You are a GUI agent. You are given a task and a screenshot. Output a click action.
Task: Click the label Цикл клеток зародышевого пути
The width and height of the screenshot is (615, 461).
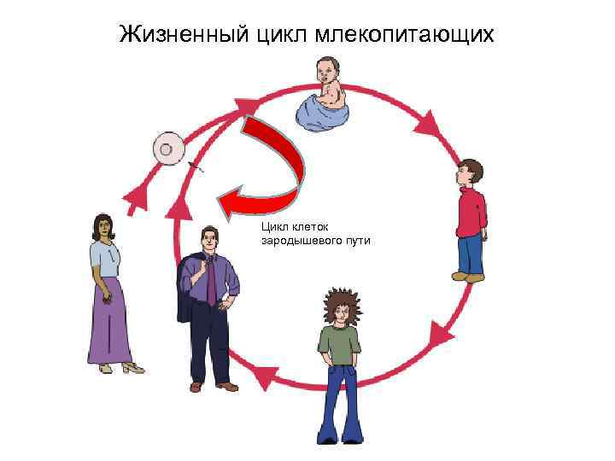(x=315, y=234)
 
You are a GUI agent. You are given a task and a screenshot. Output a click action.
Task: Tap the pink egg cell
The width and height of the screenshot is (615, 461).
(x=168, y=149)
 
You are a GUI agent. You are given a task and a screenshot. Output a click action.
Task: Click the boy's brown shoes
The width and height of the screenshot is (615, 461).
(x=468, y=277)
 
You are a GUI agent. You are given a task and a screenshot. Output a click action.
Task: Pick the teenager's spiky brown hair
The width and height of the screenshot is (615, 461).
(x=341, y=303)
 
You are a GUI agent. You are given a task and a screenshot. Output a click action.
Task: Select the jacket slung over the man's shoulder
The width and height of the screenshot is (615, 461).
(x=188, y=290)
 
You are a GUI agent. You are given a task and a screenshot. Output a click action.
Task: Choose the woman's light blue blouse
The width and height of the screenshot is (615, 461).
(x=105, y=257)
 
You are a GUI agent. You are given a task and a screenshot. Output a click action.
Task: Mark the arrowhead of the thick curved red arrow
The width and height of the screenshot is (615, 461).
(x=230, y=201)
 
